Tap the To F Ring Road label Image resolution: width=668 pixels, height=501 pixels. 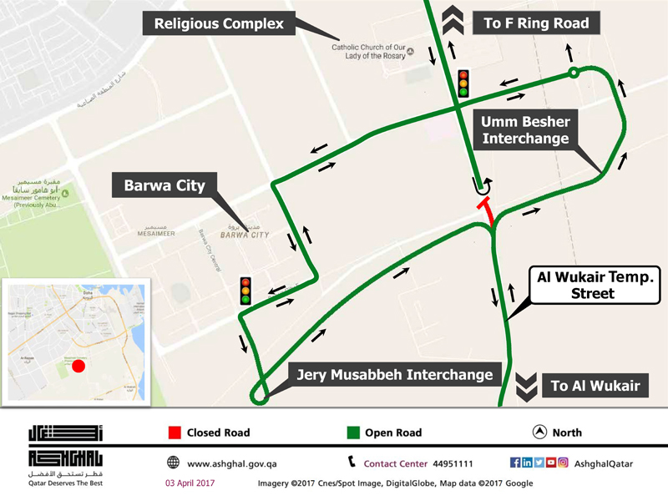click(536, 23)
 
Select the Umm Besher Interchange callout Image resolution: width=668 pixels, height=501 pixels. click(525, 130)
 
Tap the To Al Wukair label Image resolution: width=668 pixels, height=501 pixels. click(595, 386)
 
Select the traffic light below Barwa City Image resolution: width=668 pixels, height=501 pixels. click(245, 291)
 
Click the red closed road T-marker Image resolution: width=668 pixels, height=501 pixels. click(485, 209)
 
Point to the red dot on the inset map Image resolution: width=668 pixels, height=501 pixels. click(78, 366)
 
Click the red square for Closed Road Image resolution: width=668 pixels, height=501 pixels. click(175, 433)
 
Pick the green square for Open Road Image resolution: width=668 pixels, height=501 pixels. click(353, 433)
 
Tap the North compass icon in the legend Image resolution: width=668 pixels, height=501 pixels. click(539, 433)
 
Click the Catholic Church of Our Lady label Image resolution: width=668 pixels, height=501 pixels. click(368, 52)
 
